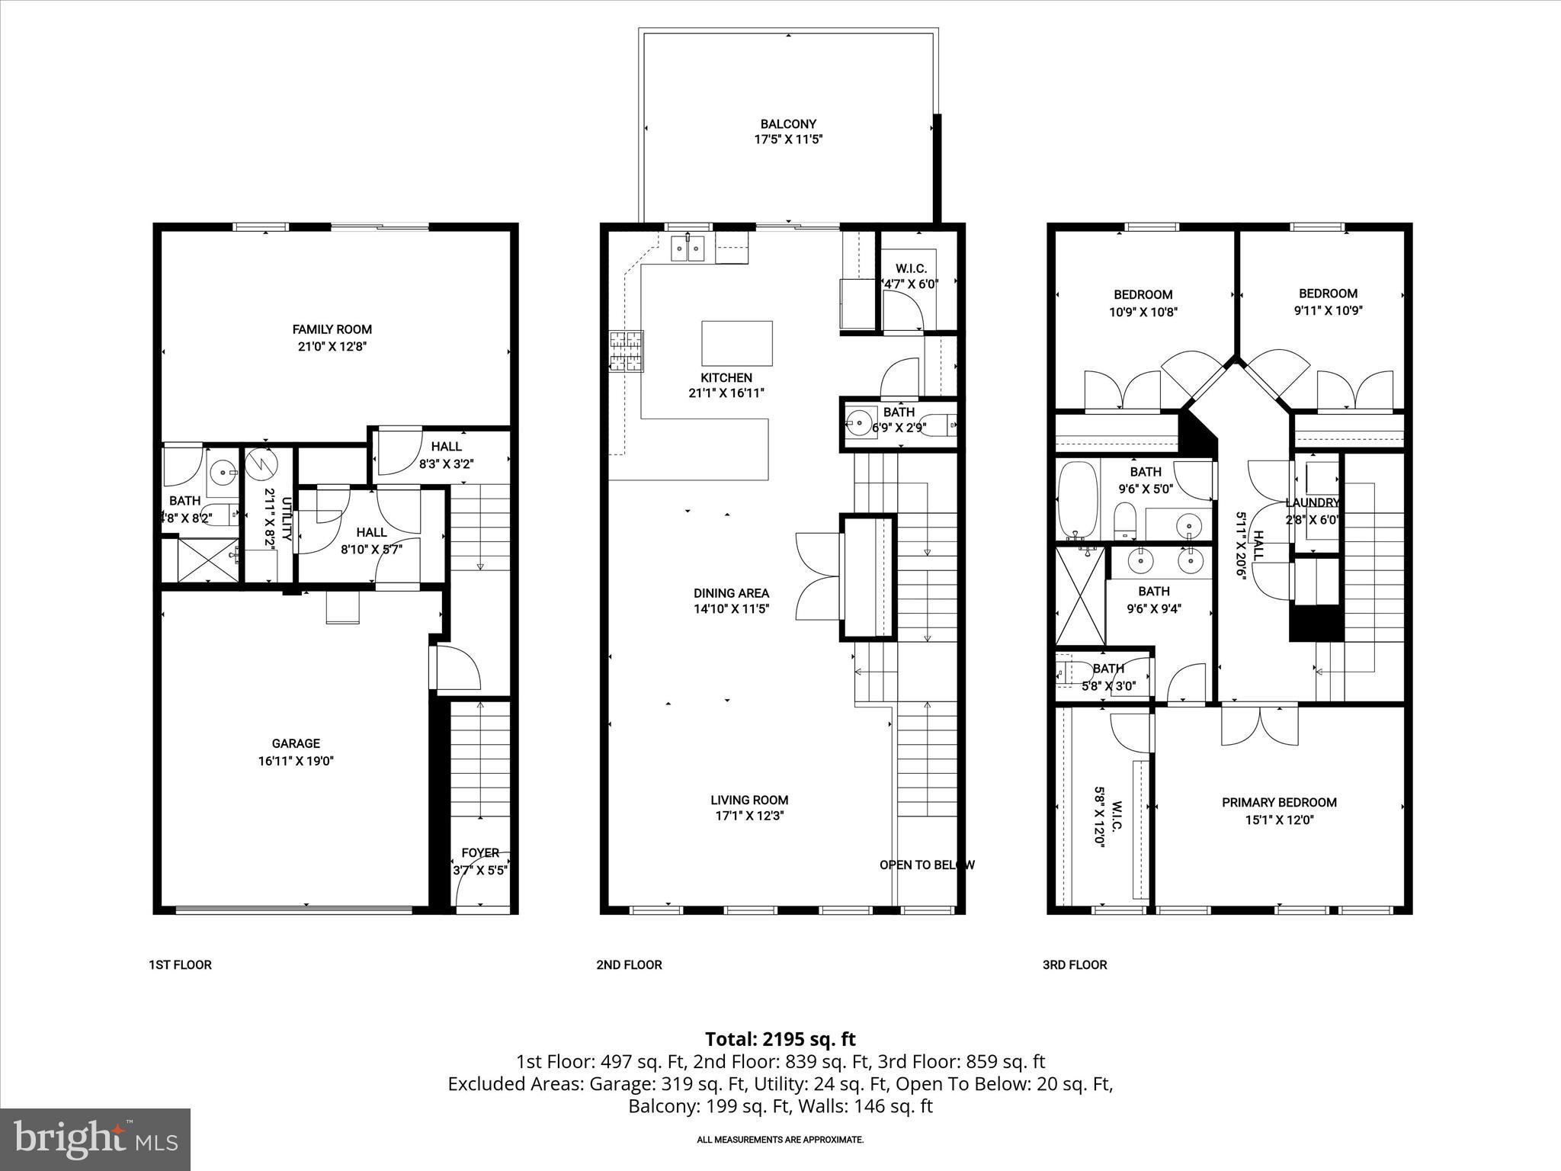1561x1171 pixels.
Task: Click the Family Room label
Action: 332,329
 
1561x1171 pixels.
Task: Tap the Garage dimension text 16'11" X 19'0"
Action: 296,761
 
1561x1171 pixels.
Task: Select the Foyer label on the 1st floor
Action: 480,852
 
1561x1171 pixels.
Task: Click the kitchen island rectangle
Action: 736,344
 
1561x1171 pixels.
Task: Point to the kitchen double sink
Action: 688,249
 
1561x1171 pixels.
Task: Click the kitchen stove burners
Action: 627,351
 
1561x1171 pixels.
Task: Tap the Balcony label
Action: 788,124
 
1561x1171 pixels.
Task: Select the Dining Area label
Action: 731,593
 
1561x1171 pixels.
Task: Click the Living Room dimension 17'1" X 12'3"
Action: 749,816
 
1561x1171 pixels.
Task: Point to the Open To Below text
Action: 927,865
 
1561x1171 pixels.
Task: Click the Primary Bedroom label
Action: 1279,802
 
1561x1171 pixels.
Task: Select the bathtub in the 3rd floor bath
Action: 1077,500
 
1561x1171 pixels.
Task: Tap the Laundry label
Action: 1312,502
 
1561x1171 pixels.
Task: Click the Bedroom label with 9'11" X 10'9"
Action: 1328,294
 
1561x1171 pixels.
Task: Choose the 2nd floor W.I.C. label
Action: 911,268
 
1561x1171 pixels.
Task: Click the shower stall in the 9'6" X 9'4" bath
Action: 1080,596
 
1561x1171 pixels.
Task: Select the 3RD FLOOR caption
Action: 1075,964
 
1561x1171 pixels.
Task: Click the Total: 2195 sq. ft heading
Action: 780,1039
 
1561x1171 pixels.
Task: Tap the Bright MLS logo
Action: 96,1139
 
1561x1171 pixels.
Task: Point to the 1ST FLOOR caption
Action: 180,964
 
